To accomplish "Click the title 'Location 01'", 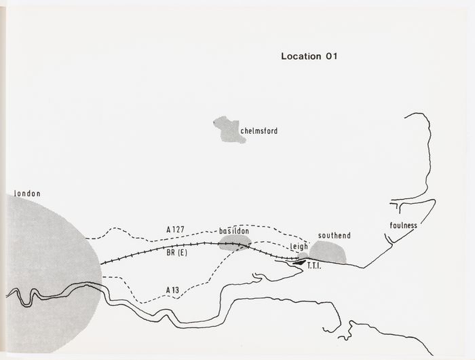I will [309, 56].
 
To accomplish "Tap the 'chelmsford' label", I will [259, 131].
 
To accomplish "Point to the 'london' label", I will [27, 194].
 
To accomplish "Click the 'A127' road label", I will [175, 229].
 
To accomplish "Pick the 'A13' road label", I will [174, 291].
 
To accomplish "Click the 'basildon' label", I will [234, 232].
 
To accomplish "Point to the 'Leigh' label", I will [299, 247].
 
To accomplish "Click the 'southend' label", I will [335, 236].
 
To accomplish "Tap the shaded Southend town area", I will [328, 252].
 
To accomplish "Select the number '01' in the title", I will [330, 56].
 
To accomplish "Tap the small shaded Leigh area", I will [303, 256].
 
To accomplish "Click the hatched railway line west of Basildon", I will [156, 251].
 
